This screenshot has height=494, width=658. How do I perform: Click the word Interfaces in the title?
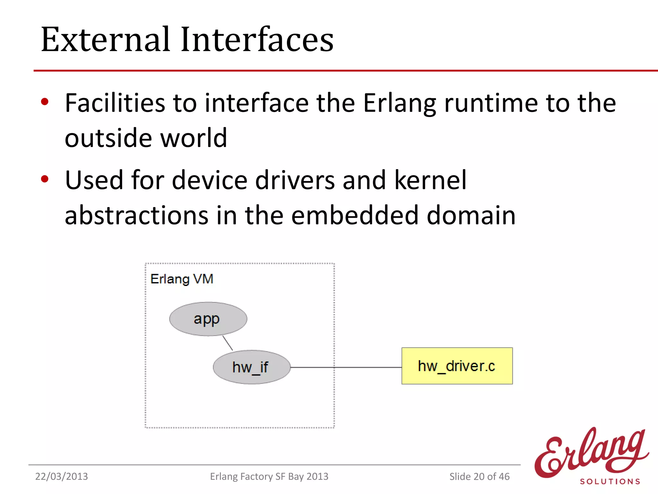point(257,40)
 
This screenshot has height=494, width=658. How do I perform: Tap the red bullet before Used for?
point(45,179)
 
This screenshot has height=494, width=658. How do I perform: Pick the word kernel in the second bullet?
point(430,180)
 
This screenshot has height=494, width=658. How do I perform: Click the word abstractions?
point(137,215)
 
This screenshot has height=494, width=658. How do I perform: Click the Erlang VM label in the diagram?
point(182,279)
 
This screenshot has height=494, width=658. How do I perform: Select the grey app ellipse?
point(208,319)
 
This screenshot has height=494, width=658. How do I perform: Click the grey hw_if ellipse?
point(252,367)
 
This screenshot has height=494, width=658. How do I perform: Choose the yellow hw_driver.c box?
point(457,366)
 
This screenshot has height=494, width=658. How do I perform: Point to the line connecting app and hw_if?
point(227,343)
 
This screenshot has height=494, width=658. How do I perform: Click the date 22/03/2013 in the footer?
point(61,476)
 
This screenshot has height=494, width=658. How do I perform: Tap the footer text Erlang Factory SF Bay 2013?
point(269,476)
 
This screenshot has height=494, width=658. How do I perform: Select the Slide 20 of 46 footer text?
point(479,476)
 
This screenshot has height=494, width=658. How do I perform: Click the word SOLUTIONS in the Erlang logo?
point(610,481)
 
